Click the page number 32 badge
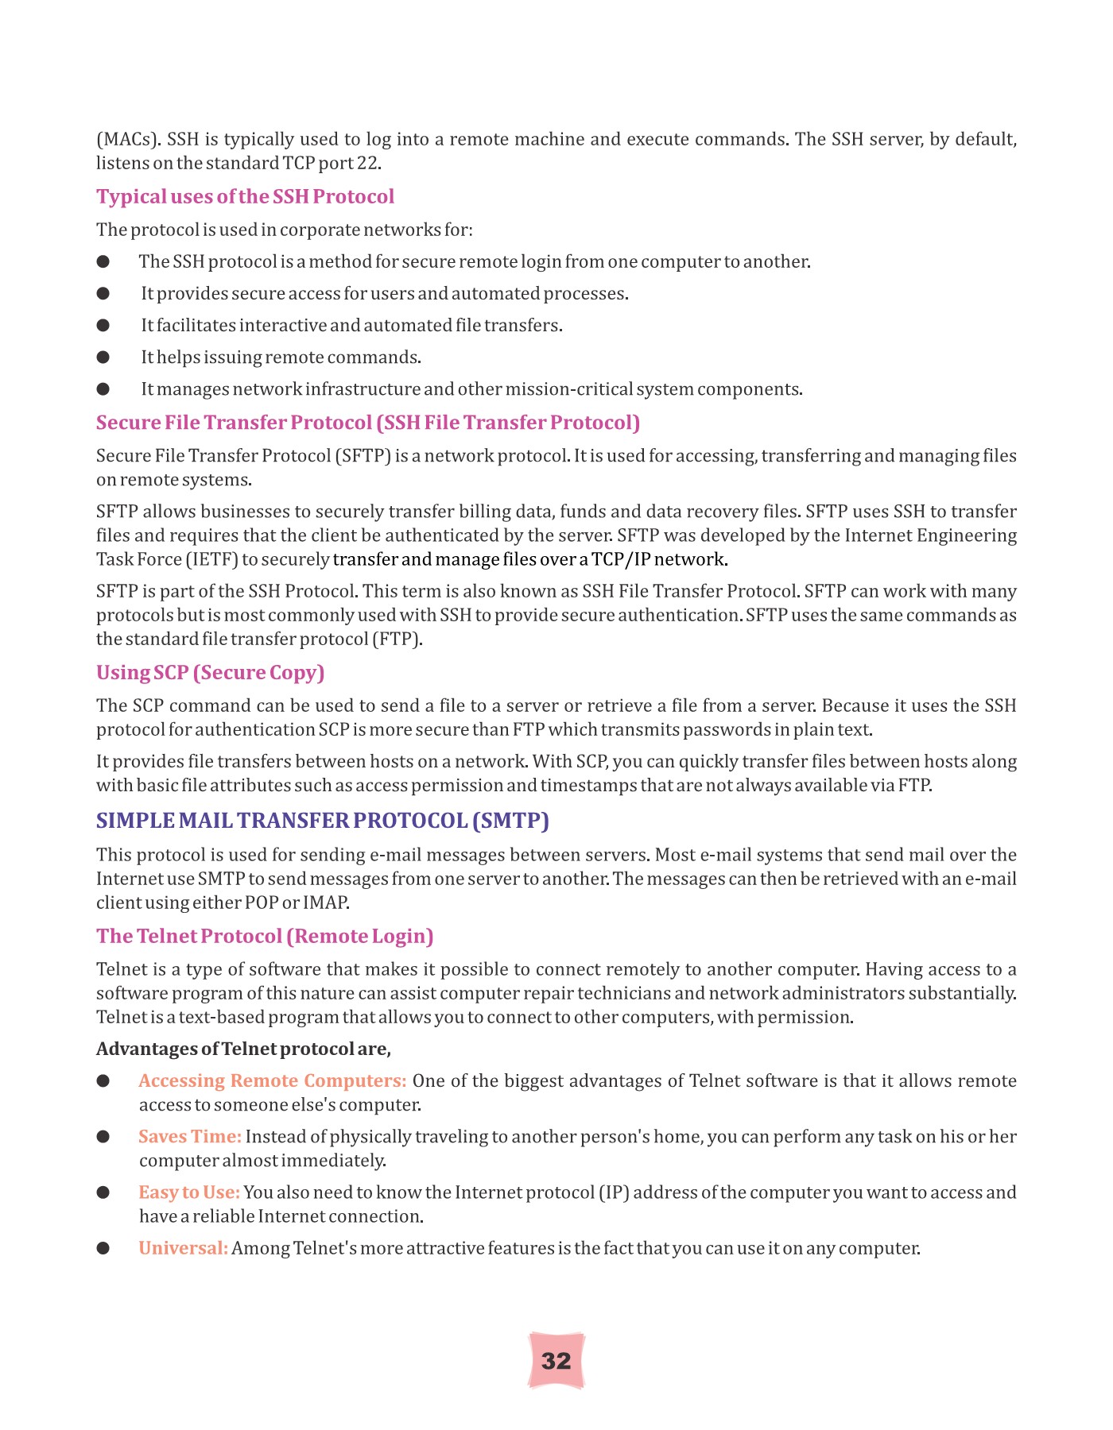click(x=556, y=1361)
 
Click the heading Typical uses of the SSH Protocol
click(x=245, y=196)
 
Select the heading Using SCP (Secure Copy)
click(x=210, y=672)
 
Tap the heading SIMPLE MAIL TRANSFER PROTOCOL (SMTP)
click(x=322, y=820)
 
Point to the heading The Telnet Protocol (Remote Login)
click(x=265, y=936)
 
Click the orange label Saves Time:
click(x=189, y=1137)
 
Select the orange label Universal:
click(x=183, y=1248)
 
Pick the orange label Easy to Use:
click(x=188, y=1192)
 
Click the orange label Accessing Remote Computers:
click(x=272, y=1081)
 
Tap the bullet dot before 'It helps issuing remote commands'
click(x=103, y=357)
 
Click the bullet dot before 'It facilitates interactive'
click(x=103, y=326)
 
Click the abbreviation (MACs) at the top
click(x=129, y=140)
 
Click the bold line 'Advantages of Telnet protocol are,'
click(x=243, y=1049)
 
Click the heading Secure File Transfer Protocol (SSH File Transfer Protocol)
click(x=367, y=423)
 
